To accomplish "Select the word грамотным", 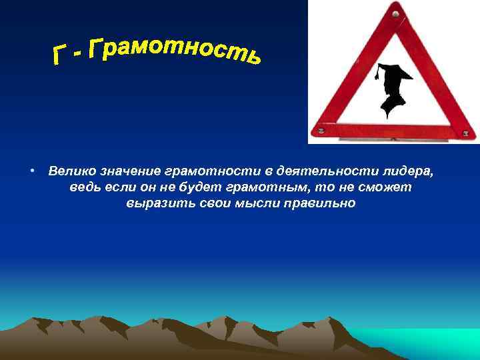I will [267, 187].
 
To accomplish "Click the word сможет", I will [388, 187].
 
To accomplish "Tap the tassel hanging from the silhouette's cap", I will [378, 75].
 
